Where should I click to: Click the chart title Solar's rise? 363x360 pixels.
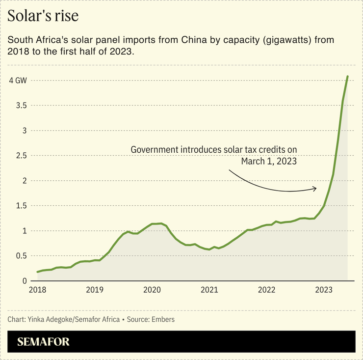[43, 16]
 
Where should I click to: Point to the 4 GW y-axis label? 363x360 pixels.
[18, 80]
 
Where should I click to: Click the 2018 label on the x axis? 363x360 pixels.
[37, 290]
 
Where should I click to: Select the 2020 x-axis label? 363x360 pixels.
[152, 290]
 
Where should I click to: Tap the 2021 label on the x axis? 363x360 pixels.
[209, 290]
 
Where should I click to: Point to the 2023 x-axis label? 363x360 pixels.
[324, 290]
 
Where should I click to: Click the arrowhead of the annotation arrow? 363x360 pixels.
[315, 188]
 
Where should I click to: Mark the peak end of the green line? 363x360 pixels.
[347, 77]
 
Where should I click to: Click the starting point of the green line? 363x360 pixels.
[38, 272]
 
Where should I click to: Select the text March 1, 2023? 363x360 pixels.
[269, 161]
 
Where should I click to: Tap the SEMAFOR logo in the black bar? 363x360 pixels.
[44, 342]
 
